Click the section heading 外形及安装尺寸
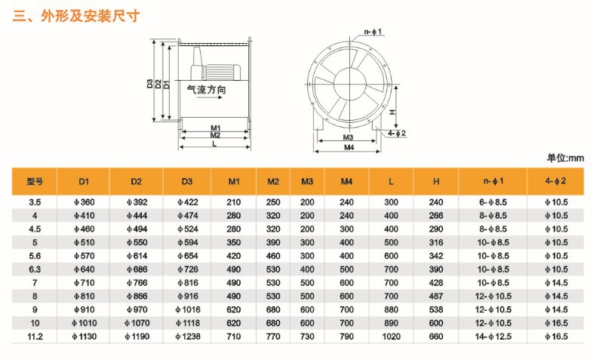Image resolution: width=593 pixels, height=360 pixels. (x=90, y=16)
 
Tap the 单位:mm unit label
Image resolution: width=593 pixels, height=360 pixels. (x=565, y=158)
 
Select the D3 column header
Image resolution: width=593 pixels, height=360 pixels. (x=187, y=182)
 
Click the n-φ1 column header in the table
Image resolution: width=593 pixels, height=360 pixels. (x=493, y=181)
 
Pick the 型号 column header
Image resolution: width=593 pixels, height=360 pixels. (x=35, y=182)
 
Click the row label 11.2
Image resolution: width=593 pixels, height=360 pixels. (x=35, y=337)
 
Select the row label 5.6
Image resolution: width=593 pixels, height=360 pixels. (x=35, y=256)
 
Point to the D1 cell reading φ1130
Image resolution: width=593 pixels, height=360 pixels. (x=84, y=337)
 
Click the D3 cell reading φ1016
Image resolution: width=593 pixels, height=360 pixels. (x=188, y=309)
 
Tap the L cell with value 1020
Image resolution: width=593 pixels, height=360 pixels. (x=391, y=337)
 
